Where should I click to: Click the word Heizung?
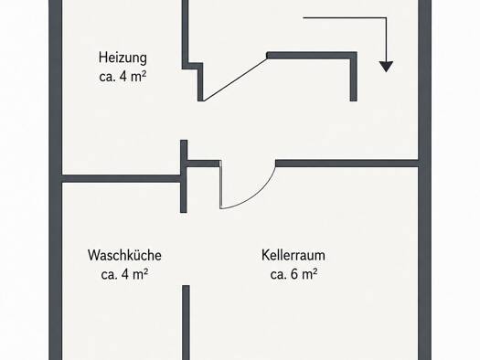click(x=123, y=58)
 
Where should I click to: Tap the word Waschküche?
click(x=124, y=256)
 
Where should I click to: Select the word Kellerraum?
click(x=293, y=255)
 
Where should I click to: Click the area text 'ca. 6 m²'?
click(x=293, y=274)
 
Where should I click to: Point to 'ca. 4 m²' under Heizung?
click(x=123, y=77)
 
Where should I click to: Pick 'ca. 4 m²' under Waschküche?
click(x=124, y=274)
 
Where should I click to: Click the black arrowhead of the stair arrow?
click(x=387, y=67)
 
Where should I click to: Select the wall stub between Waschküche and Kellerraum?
click(x=186, y=323)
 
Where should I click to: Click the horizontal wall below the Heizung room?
click(x=122, y=178)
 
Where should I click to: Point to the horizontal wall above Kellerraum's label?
click(x=347, y=163)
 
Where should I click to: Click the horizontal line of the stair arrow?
click(x=345, y=17)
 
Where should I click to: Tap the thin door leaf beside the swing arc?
click(x=220, y=185)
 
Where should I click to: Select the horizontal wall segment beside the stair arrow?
click(x=312, y=56)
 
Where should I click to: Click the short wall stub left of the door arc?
click(x=203, y=164)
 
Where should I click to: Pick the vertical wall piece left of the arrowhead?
click(x=353, y=77)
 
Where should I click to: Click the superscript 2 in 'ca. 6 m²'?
click(x=315, y=270)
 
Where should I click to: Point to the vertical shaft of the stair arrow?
click(x=386, y=40)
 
